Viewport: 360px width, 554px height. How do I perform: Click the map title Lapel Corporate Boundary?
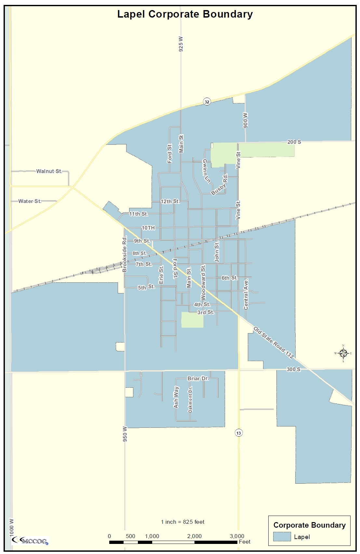click(185, 14)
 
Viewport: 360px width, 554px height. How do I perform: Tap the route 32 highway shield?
click(207, 101)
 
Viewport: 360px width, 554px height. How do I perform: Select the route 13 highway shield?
click(239, 433)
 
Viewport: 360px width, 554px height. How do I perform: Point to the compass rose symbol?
click(343, 353)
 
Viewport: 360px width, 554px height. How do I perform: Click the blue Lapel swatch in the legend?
click(282, 536)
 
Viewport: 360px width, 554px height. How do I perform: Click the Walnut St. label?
click(49, 171)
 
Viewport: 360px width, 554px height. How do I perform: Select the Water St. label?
click(30, 201)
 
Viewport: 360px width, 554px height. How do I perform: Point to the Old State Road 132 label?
click(273, 343)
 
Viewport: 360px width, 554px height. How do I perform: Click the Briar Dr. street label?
click(198, 378)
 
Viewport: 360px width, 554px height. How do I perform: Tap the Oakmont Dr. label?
click(190, 399)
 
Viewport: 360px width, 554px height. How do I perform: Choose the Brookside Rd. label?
click(125, 254)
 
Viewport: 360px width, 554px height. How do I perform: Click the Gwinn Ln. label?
click(206, 171)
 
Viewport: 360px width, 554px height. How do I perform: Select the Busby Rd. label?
click(220, 185)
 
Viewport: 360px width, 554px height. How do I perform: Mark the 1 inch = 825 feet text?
click(182, 522)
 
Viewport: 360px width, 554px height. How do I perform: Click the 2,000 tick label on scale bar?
click(194, 536)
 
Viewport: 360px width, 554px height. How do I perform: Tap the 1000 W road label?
click(12, 528)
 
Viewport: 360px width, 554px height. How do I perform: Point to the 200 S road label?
click(294, 142)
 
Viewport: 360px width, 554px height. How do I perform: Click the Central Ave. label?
click(246, 294)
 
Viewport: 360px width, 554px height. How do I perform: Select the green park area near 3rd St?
click(192, 320)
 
